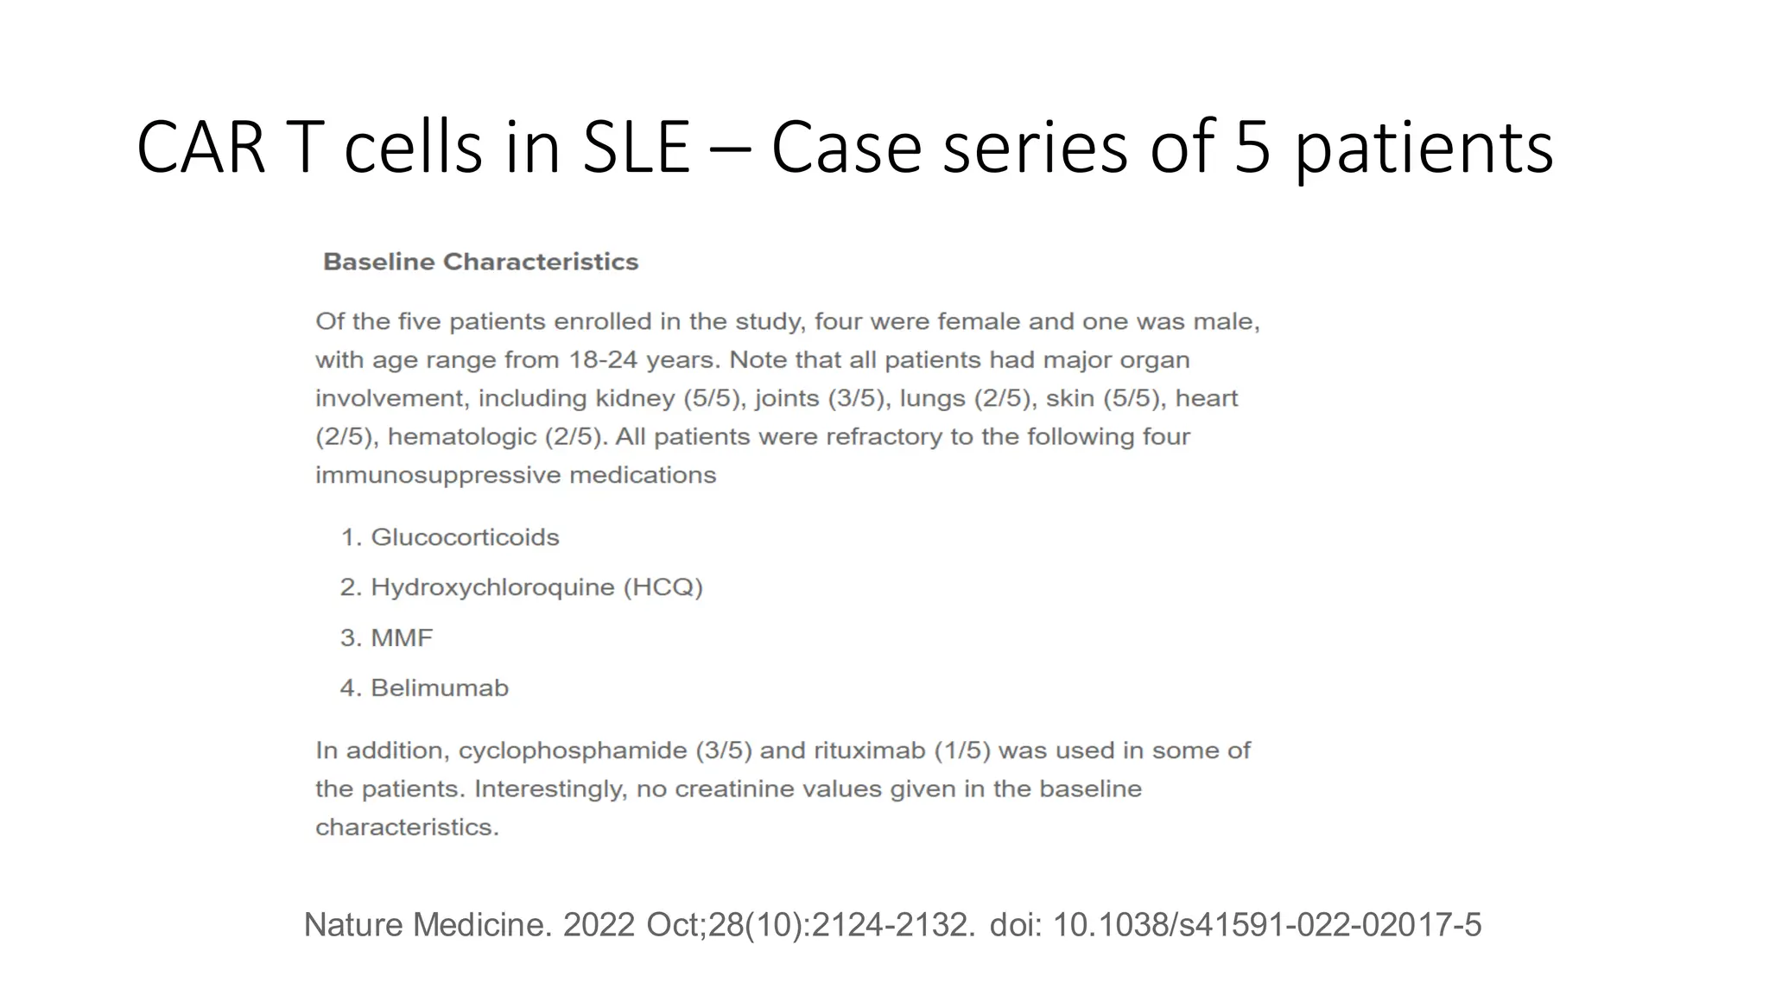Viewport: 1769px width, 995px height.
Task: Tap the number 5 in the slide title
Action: click(x=1252, y=148)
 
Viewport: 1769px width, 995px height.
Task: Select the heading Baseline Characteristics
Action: click(x=480, y=262)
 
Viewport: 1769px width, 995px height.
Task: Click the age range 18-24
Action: click(x=603, y=360)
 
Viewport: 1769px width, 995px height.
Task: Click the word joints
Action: click(x=787, y=398)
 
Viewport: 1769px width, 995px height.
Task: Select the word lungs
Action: click(x=933, y=398)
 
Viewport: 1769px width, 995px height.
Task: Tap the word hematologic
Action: click(x=462, y=437)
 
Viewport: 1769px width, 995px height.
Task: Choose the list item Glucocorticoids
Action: click(x=465, y=537)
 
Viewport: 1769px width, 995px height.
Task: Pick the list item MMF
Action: click(x=402, y=637)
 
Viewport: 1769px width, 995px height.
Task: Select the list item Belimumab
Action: click(x=440, y=688)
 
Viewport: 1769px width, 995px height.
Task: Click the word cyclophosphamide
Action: click(x=573, y=751)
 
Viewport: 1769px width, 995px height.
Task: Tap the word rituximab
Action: click(x=870, y=751)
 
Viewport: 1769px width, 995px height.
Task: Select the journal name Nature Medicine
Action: click(x=427, y=925)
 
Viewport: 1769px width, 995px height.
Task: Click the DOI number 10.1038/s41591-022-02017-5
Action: click(x=1266, y=925)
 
